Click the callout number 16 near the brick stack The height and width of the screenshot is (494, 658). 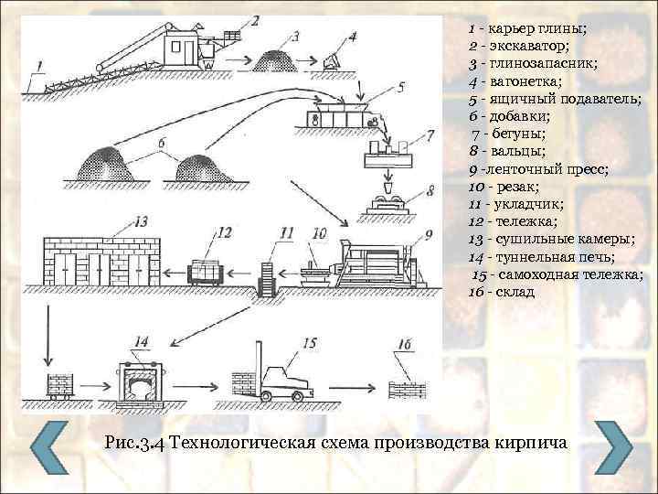pos(404,344)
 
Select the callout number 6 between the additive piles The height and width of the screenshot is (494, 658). pos(162,143)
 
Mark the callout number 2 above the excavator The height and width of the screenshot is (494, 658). pos(256,18)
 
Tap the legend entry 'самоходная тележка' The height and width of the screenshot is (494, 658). pos(557,274)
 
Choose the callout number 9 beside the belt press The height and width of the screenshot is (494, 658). pos(428,235)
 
